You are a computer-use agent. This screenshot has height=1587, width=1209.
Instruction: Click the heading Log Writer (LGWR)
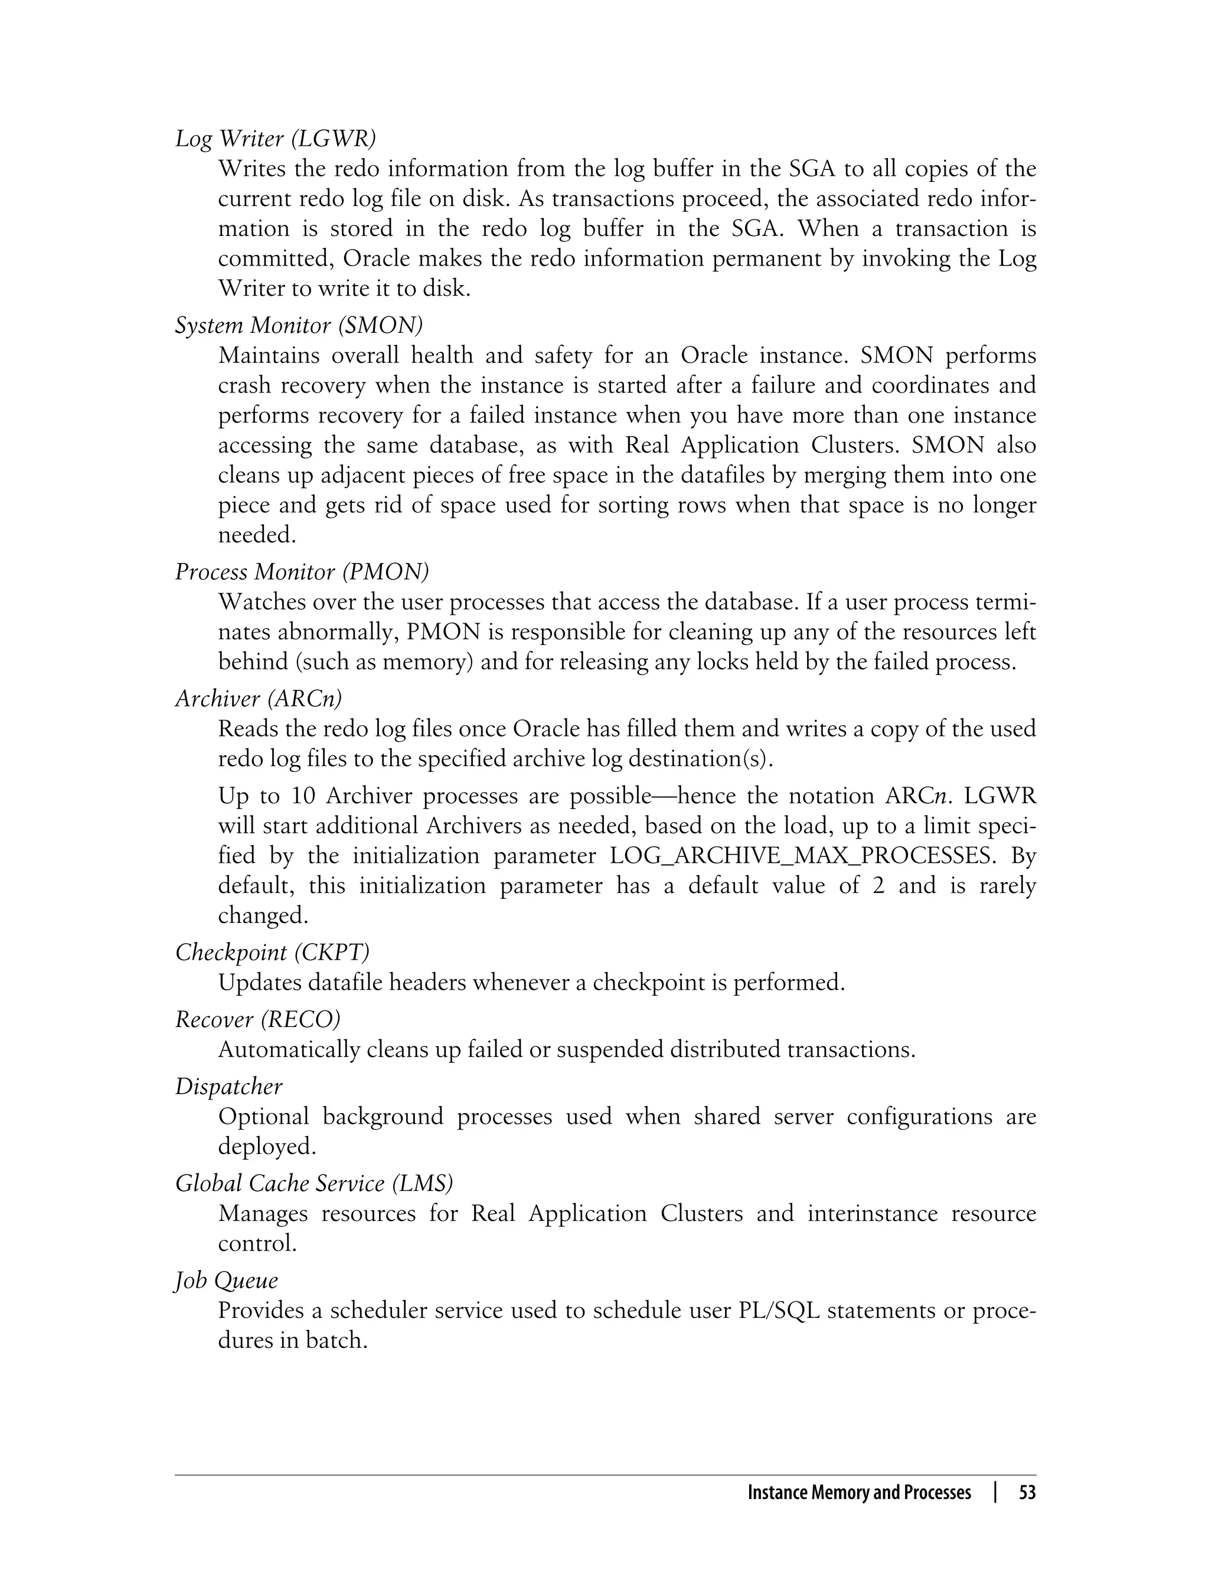click(276, 138)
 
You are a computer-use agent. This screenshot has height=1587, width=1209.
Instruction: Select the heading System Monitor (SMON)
click(299, 325)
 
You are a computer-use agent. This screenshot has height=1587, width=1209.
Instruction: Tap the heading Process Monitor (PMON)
click(302, 572)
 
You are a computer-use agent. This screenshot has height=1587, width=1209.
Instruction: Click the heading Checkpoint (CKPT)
click(272, 953)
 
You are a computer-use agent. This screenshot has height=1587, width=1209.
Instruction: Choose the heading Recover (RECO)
click(257, 1019)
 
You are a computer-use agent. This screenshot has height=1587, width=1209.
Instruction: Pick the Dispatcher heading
click(229, 1087)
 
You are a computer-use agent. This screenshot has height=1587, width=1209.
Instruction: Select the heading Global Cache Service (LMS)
click(314, 1183)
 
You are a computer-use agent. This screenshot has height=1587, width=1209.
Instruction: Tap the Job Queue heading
click(226, 1281)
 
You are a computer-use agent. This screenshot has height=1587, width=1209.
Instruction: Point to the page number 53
click(1027, 1493)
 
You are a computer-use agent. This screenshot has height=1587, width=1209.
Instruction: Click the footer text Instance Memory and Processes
click(860, 1493)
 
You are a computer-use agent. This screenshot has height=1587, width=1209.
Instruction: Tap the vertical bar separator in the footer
click(995, 1493)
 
